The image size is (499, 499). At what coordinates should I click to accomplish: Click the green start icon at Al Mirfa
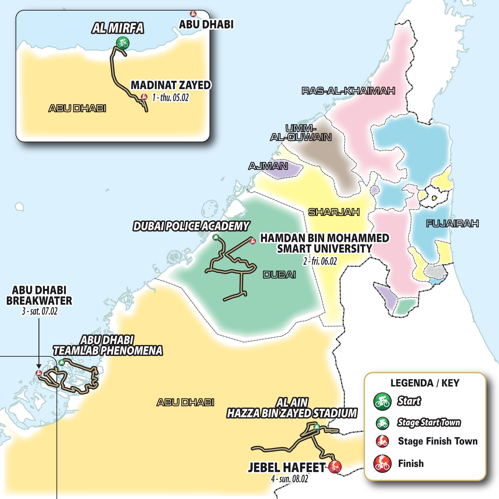pyautogui.click(x=122, y=43)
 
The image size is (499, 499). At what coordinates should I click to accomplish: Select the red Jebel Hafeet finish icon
pyautogui.click(x=335, y=466)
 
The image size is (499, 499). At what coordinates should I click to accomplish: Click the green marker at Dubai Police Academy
pyautogui.click(x=216, y=237)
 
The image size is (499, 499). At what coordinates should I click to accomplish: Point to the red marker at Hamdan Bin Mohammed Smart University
pyautogui.click(x=253, y=241)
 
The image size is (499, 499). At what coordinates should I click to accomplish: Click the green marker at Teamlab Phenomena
pyautogui.click(x=62, y=362)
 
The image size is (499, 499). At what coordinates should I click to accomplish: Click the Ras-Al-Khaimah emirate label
pyautogui.click(x=348, y=91)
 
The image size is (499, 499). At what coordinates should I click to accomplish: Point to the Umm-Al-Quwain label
pyautogui.click(x=301, y=133)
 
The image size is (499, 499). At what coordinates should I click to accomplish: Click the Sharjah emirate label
pyautogui.click(x=334, y=212)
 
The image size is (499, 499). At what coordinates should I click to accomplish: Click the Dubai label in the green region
pyautogui.click(x=279, y=275)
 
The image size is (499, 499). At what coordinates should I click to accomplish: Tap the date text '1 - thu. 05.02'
pyautogui.click(x=170, y=98)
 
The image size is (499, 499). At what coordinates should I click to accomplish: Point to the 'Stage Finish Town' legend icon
pyautogui.click(x=382, y=441)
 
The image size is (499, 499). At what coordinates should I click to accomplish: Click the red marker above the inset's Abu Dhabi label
pyautogui.click(x=193, y=14)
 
